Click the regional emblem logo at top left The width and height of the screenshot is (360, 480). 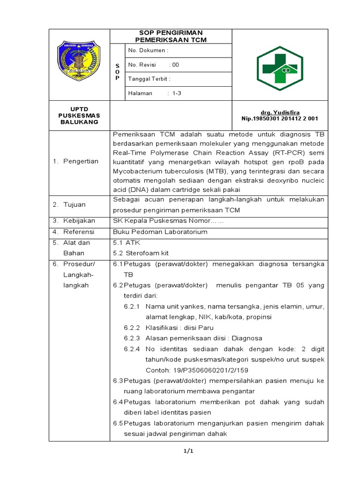79,64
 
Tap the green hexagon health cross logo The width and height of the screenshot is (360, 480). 280,64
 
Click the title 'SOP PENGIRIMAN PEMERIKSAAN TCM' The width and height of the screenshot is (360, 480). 171,36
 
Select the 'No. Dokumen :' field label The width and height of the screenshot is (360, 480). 148,50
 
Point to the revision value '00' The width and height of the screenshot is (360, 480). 175,65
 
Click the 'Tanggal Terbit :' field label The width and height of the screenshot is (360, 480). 149,79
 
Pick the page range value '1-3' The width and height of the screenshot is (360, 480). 177,93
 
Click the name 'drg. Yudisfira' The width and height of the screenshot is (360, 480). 280,112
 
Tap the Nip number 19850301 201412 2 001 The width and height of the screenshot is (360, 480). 280,119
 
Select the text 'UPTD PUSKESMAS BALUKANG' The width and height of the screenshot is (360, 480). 79,115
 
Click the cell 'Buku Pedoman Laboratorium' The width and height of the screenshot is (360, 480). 160,232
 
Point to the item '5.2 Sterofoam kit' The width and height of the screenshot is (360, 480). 141,253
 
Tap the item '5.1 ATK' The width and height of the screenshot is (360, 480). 127,242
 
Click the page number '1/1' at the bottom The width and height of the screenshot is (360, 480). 188,451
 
